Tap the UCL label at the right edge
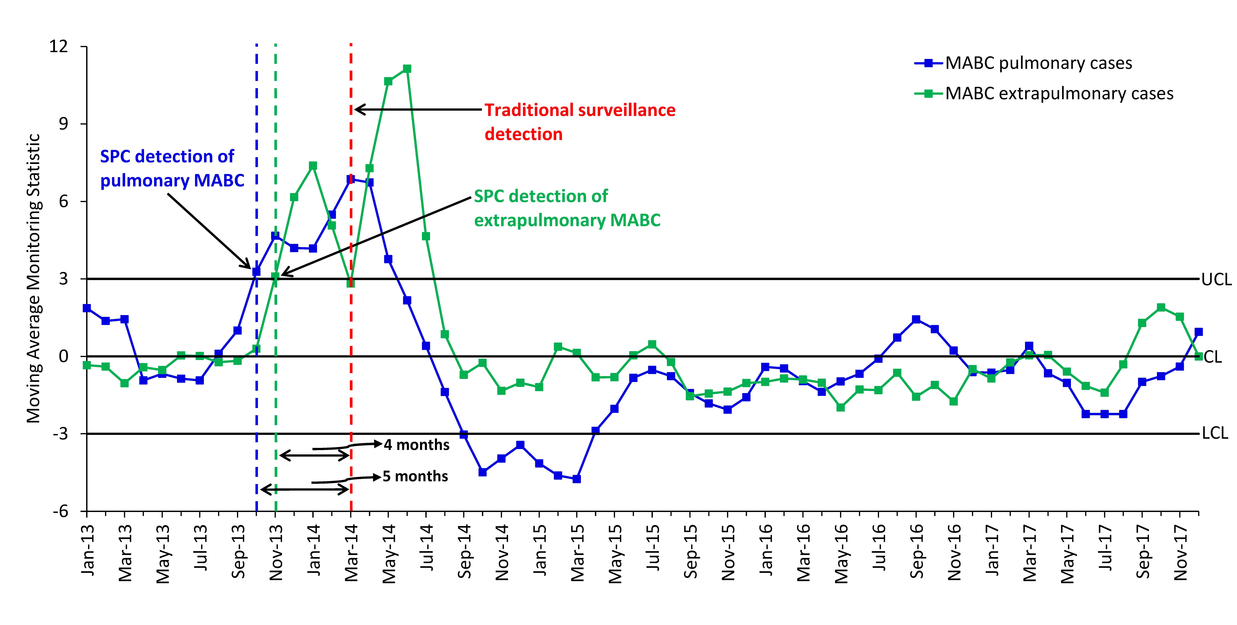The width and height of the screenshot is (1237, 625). coord(1216,279)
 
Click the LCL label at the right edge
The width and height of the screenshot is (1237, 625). coord(1215,433)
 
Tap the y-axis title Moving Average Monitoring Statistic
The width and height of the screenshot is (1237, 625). coord(34,278)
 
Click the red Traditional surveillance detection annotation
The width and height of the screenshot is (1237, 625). coord(580,122)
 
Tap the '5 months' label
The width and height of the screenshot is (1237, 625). coord(415,477)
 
